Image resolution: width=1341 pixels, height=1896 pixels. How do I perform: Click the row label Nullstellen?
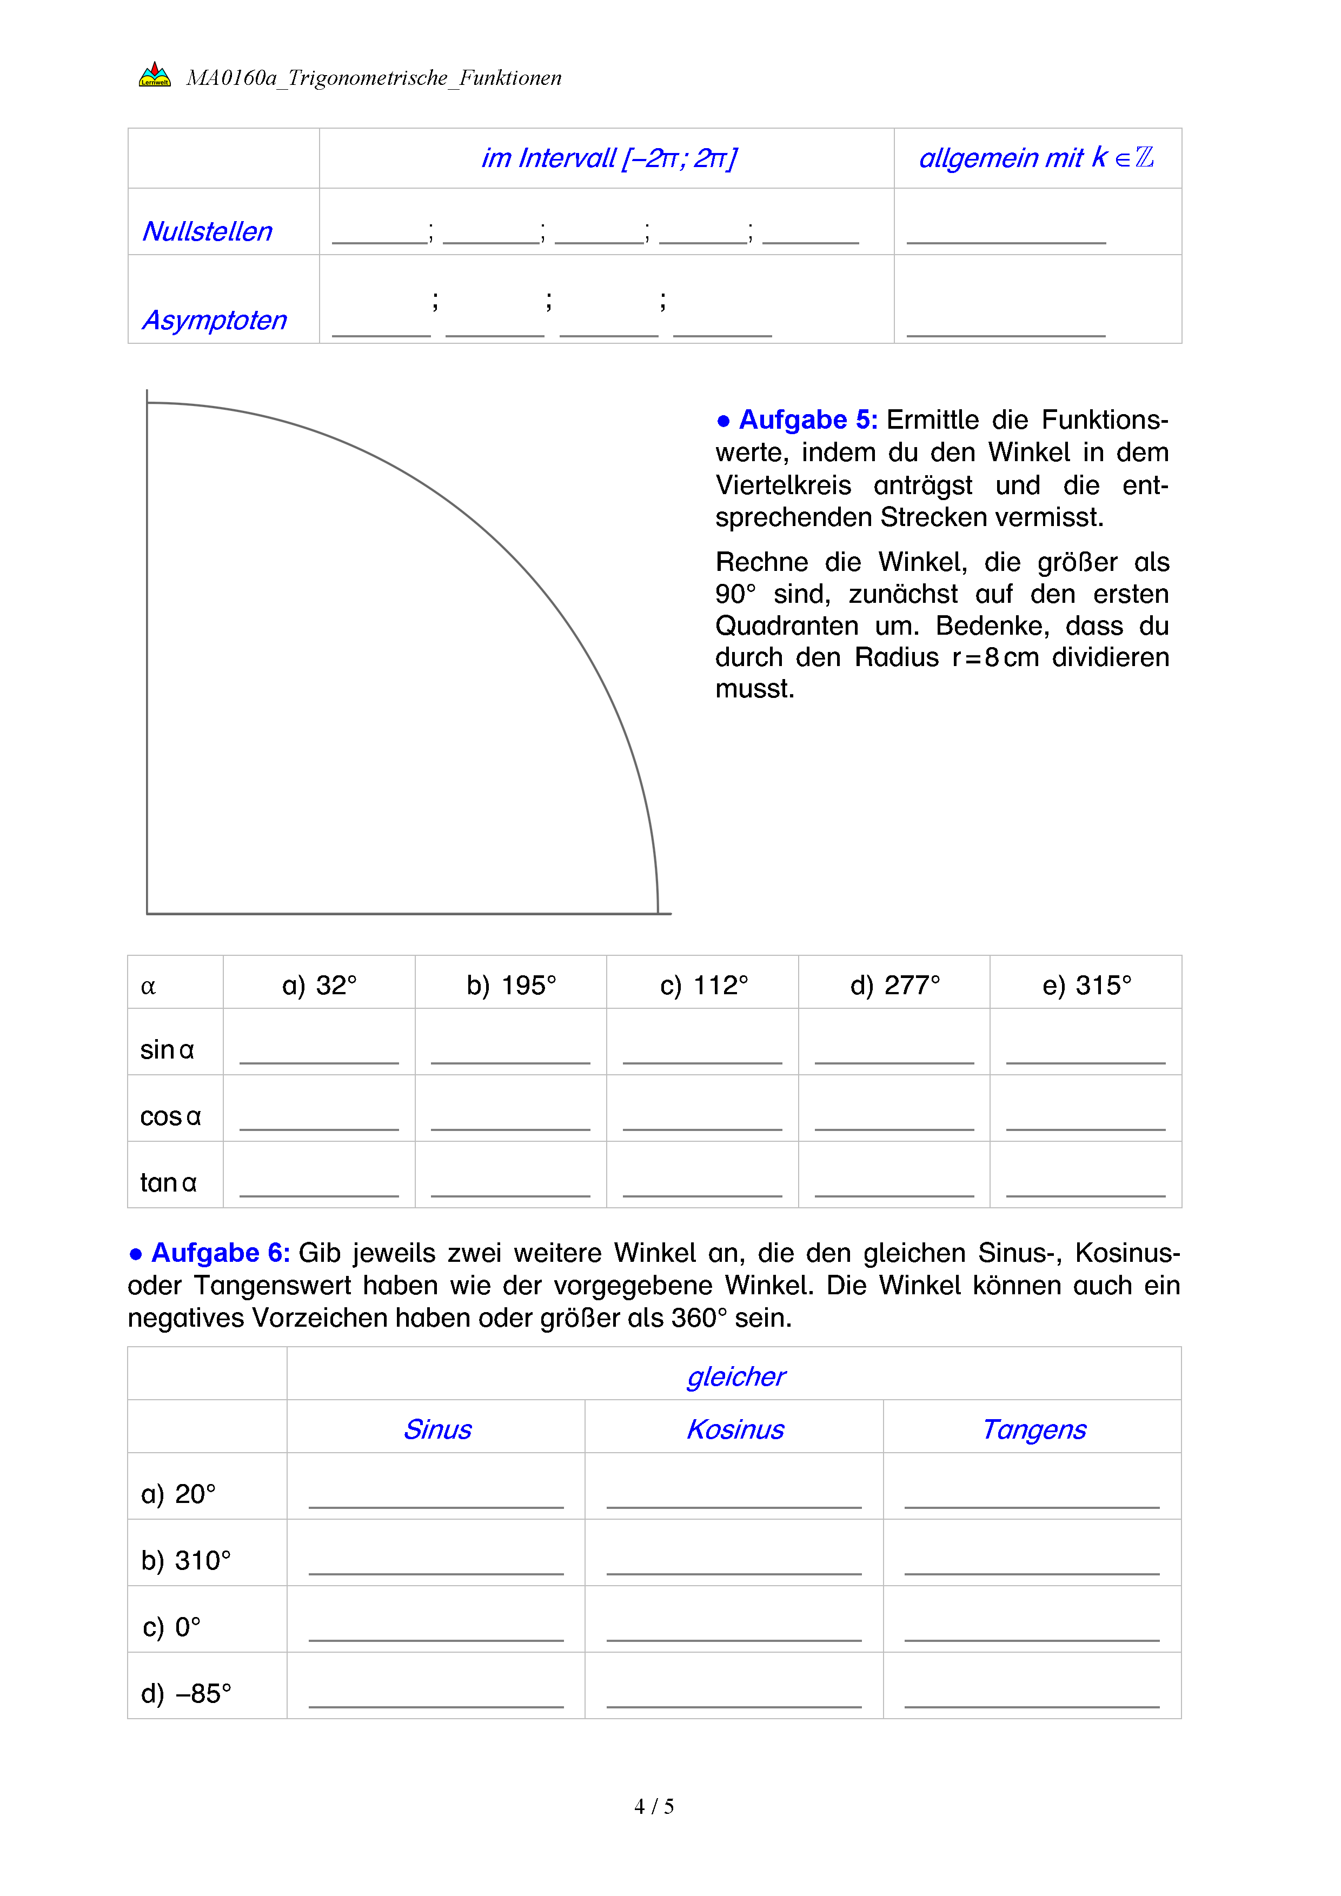pos(207,231)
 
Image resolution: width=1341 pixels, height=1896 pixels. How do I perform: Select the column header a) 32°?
pos(320,985)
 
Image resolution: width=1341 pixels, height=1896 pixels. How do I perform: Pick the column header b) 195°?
pos(511,985)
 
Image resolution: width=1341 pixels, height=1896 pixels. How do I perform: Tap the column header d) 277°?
pos(895,985)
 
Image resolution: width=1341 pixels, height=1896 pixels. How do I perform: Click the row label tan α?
pos(169,1182)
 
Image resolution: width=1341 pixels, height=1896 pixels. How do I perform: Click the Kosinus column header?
pos(735,1429)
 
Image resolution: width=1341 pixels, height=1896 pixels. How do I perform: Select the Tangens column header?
pos(1034,1429)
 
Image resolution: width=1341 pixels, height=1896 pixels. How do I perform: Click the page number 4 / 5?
pos(654,1807)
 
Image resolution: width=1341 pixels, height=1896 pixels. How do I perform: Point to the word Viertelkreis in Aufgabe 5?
pos(783,485)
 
